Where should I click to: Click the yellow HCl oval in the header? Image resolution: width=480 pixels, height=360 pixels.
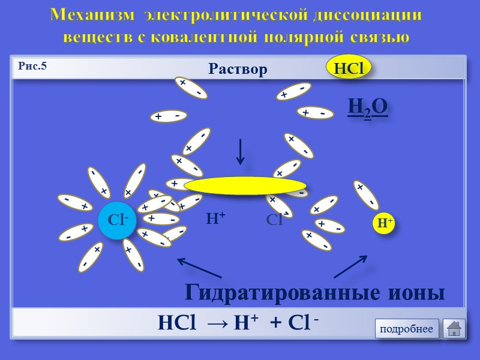tap(349, 68)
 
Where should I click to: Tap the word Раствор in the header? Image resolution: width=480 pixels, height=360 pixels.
tap(238, 70)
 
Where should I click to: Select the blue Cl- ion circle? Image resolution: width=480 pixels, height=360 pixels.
tap(118, 220)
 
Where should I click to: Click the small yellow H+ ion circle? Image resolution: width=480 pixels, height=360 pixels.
tap(385, 223)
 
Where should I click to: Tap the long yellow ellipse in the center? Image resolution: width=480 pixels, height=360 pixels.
tap(245, 186)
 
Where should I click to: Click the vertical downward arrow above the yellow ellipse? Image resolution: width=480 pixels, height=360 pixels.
tap(241, 152)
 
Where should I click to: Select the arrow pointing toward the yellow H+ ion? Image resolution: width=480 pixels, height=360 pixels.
tap(350, 266)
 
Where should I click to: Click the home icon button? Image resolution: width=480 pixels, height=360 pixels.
tap(454, 329)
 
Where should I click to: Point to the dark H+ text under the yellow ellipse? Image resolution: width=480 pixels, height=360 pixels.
tap(215, 219)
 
